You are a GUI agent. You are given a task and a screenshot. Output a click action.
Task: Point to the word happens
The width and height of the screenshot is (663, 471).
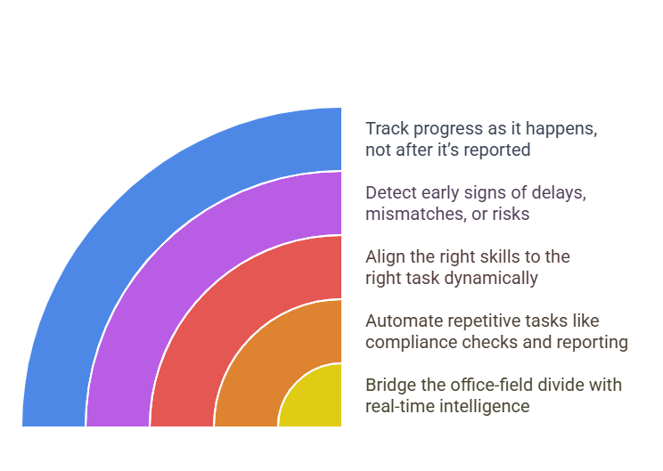[x=561, y=129]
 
